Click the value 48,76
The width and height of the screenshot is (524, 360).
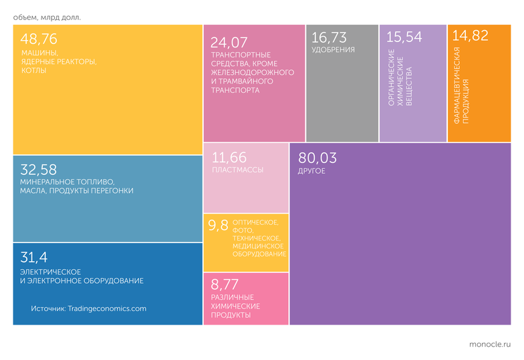39,39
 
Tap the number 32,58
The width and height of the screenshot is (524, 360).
39,170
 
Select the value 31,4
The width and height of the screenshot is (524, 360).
33,258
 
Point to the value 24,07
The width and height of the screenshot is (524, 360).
229,43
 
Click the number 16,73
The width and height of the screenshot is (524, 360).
329,37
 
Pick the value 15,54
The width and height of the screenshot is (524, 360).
404,37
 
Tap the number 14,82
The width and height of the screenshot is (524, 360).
471,36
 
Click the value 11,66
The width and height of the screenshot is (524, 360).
229,158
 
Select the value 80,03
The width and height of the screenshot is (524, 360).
317,158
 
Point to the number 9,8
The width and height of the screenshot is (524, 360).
218,226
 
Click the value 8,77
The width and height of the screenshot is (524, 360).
225,285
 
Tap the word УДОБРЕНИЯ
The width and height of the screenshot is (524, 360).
333,49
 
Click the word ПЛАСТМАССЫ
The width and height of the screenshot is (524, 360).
238,170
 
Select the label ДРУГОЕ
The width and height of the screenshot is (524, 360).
311,171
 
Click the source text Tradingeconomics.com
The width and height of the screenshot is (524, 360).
107,309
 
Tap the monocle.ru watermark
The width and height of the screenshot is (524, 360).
490,345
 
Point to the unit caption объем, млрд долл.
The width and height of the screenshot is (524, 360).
47,17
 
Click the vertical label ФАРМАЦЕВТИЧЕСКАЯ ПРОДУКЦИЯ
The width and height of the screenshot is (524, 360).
461,85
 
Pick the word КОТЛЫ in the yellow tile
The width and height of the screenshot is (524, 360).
33,71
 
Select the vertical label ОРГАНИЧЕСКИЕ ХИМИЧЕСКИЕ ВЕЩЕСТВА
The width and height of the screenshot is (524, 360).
400,77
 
